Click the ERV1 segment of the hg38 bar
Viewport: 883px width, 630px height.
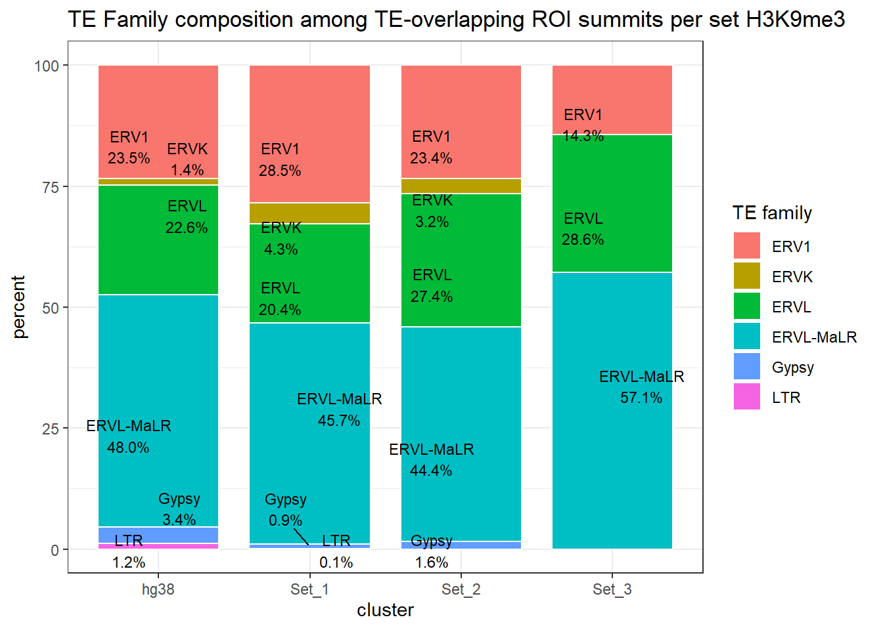point(158,98)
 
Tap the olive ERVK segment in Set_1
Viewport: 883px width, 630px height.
point(309,213)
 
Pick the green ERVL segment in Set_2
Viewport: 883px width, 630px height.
point(461,249)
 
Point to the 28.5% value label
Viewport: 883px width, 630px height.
point(280,171)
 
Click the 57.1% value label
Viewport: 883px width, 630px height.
point(641,398)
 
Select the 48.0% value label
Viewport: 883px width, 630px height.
point(128,448)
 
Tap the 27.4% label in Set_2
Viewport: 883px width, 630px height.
point(432,297)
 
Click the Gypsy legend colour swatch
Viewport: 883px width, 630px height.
point(747,366)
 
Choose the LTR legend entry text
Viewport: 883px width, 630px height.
point(786,398)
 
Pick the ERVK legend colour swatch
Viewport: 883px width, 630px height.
point(747,276)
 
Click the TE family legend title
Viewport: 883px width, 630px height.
point(772,213)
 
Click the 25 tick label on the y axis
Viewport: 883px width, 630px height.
point(51,429)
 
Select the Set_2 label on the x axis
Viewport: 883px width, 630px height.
point(461,589)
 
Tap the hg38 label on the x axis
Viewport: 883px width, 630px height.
point(158,589)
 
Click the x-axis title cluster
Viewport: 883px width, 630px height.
point(386,610)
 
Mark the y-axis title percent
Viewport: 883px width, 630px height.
point(19,307)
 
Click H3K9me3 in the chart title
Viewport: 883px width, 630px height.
point(796,20)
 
